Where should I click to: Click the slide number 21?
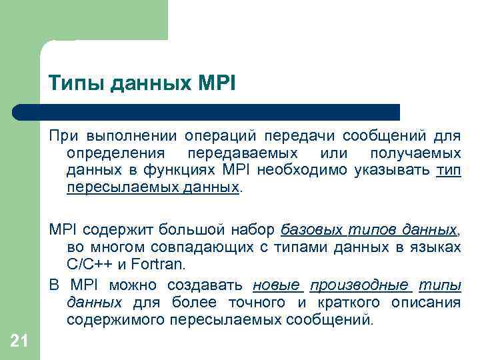[x=19, y=341]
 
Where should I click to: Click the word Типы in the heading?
[x=71, y=84]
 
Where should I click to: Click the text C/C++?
[x=92, y=265]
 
